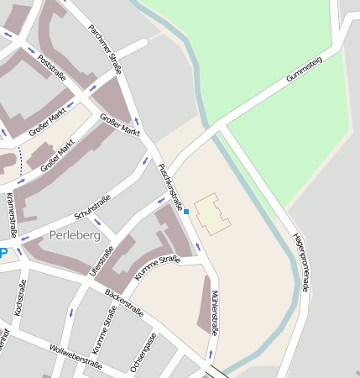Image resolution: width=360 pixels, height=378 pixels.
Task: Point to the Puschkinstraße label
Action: click(x=170, y=186)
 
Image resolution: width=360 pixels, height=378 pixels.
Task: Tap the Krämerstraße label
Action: click(x=11, y=214)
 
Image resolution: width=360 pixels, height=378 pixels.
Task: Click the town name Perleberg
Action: click(x=75, y=235)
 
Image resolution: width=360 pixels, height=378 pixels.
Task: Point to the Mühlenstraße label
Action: click(x=215, y=312)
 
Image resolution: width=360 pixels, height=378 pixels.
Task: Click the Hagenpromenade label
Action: click(x=300, y=262)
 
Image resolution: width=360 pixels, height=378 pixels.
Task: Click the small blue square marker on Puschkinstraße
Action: click(x=186, y=212)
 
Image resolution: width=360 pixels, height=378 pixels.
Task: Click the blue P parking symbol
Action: click(x=3, y=253)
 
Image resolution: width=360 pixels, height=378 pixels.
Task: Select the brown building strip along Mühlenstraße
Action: click(x=204, y=305)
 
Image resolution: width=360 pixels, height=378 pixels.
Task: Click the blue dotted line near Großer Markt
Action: click(x=19, y=167)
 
